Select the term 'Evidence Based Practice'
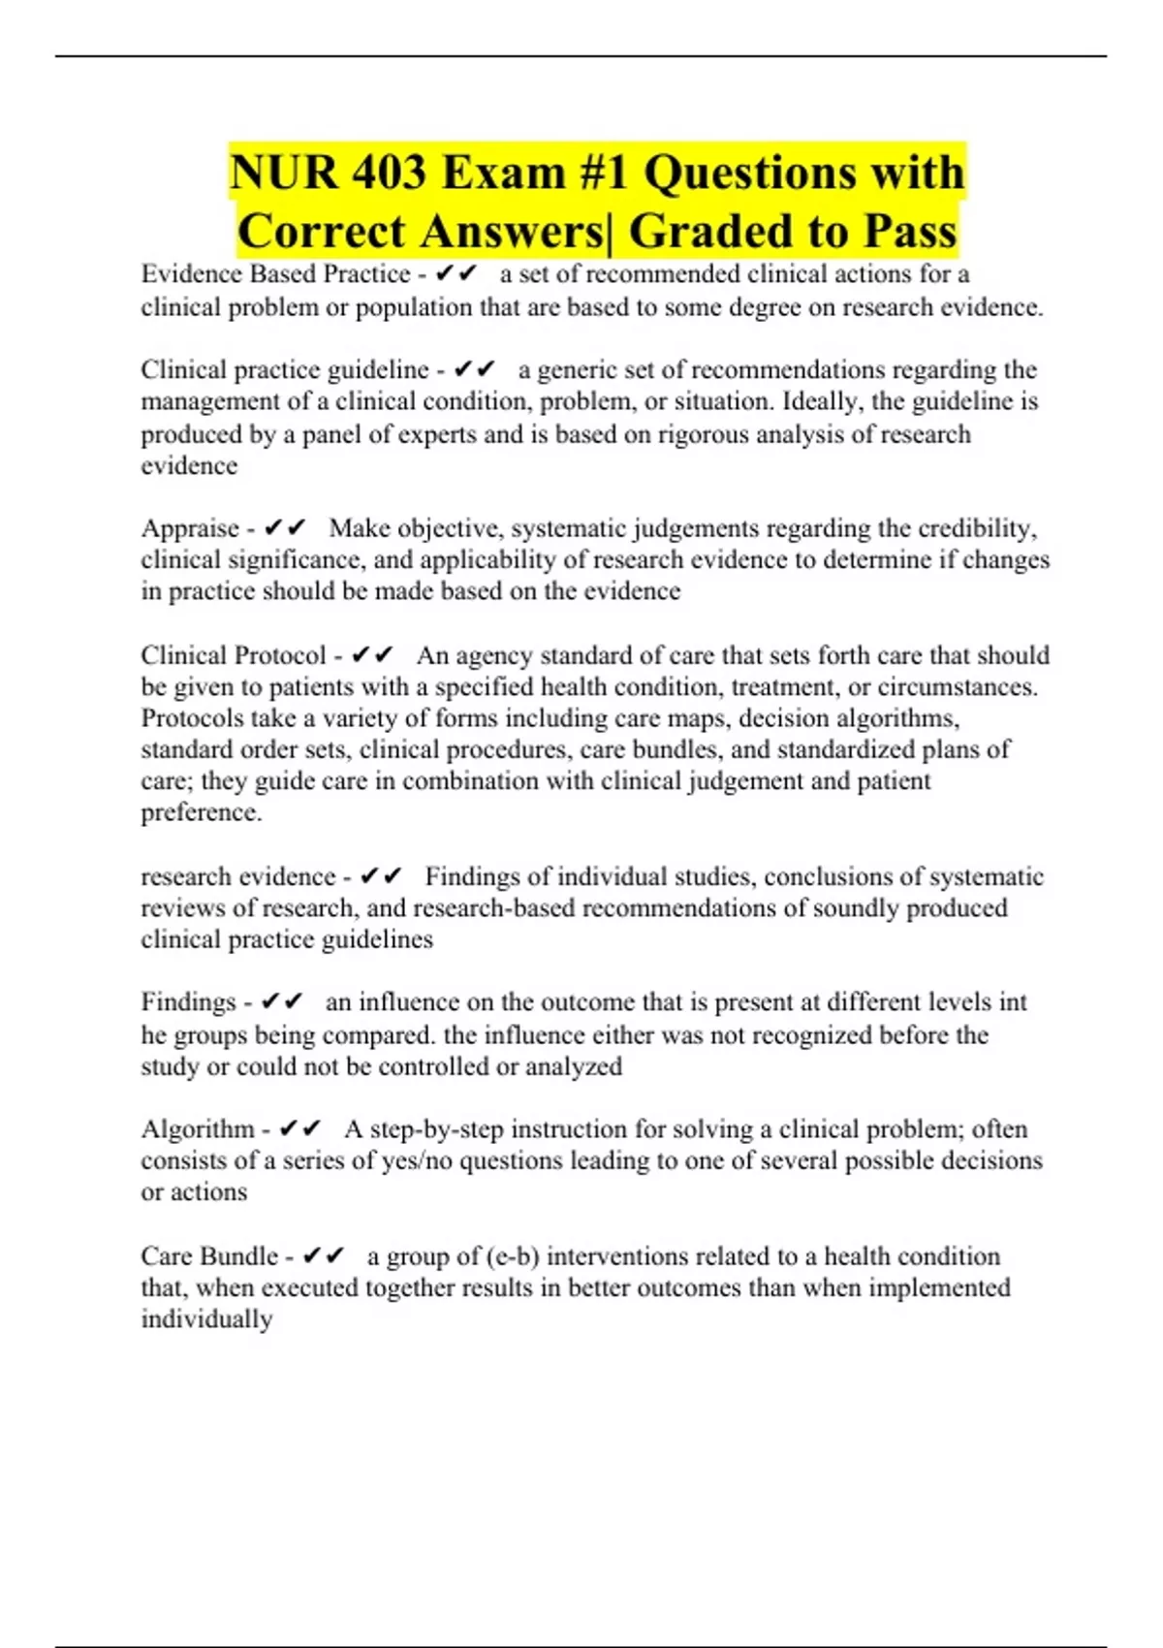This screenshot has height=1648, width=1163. pyautogui.click(x=275, y=274)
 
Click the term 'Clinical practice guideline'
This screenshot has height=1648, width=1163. pyautogui.click(x=285, y=369)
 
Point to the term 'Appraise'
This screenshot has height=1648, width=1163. pyautogui.click(x=190, y=528)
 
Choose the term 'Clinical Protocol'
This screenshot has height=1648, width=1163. pyautogui.click(x=234, y=655)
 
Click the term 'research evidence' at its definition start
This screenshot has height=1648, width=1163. pyautogui.click(x=237, y=876)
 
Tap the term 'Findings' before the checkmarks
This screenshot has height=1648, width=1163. pyautogui.click(x=188, y=1001)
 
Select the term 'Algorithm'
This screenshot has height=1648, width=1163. pyautogui.click(x=198, y=1129)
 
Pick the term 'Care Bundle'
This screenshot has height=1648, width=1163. pyautogui.click(x=209, y=1256)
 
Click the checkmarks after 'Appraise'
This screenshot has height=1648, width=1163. pyautogui.click(x=285, y=528)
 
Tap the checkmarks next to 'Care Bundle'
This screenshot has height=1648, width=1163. pyautogui.click(x=324, y=1256)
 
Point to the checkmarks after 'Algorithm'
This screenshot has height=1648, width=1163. pyautogui.click(x=299, y=1129)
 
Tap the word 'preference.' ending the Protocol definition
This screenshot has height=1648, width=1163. pyautogui.click(x=202, y=812)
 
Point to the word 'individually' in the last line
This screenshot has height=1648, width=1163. pyautogui.click(x=206, y=1319)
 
